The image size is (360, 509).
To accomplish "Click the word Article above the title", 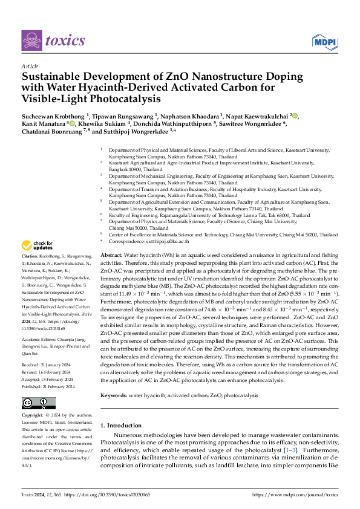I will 29,66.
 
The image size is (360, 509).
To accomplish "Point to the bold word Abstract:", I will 113,256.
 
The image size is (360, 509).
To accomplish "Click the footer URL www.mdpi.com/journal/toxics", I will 304,494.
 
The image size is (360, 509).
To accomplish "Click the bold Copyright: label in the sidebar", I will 33,416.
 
